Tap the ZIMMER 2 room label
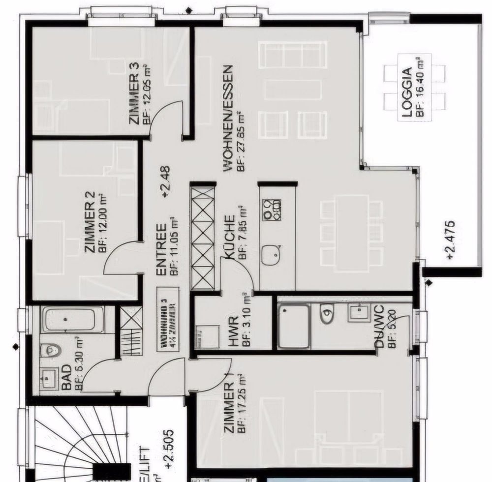pyautogui.click(x=90, y=222)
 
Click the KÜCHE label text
pyautogui.click(x=229, y=238)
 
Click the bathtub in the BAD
pyautogui.click(x=73, y=319)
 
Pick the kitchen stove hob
pyautogui.click(x=272, y=209)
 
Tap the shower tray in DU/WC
pyautogui.click(x=294, y=325)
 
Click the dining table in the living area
pyautogui.click(x=351, y=232)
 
